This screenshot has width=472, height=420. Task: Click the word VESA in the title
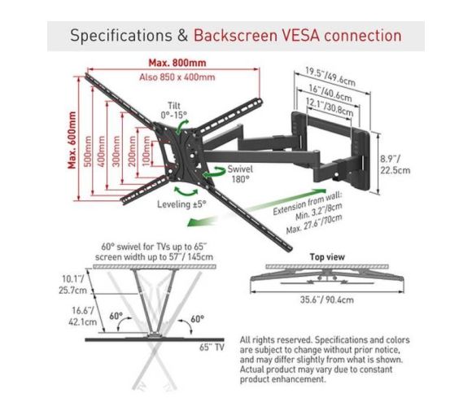tap(301, 36)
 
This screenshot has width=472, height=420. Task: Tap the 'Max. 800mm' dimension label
tap(177, 63)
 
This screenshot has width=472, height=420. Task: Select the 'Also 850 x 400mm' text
tap(177, 77)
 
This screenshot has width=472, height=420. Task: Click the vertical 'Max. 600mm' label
tap(72, 140)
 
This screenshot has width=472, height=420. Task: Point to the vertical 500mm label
tap(87, 151)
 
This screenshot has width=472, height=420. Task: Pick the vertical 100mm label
tap(146, 151)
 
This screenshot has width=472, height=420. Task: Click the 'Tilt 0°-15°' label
tap(173, 110)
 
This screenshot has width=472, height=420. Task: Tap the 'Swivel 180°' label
tap(240, 174)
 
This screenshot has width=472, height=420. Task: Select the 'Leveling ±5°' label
tap(181, 204)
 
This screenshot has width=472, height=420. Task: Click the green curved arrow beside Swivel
tap(214, 173)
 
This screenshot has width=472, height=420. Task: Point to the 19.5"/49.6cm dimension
tap(330, 77)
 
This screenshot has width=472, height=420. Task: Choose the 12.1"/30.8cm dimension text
tap(330, 107)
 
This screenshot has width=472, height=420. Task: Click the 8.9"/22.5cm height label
tap(395, 164)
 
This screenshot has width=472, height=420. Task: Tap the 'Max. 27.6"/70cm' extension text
tap(314, 224)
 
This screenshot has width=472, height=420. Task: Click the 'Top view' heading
tap(327, 257)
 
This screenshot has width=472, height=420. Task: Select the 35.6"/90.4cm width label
tap(326, 300)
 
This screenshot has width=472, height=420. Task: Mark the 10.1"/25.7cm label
tap(72, 285)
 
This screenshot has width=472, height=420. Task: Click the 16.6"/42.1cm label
tap(82, 316)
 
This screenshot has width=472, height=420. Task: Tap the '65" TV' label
tap(212, 347)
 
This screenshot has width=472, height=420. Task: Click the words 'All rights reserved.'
tap(276, 340)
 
